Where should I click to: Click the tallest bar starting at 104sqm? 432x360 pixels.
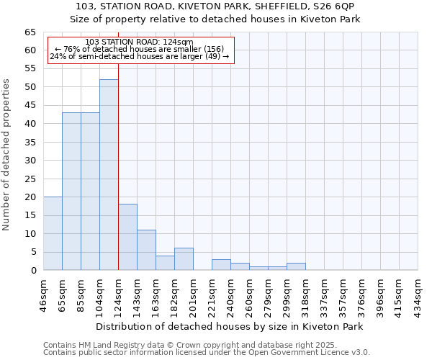[x=109, y=175]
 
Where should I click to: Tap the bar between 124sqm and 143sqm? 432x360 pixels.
[x=127, y=237]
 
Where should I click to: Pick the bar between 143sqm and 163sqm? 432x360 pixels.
[x=146, y=250]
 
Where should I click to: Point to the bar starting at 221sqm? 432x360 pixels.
[x=221, y=265]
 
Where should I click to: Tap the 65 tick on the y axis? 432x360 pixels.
[x=30, y=32]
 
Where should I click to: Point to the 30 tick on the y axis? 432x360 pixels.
[x=30, y=161]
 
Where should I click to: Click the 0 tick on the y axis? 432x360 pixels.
[x=33, y=271]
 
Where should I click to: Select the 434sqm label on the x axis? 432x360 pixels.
[x=418, y=294]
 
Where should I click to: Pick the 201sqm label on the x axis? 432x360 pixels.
[x=193, y=294]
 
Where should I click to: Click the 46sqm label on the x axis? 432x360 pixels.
[x=43, y=294]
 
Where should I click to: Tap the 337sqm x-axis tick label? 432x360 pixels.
[x=324, y=294]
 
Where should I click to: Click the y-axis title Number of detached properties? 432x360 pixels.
[x=7, y=155]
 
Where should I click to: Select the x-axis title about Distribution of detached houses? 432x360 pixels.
[x=229, y=326]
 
